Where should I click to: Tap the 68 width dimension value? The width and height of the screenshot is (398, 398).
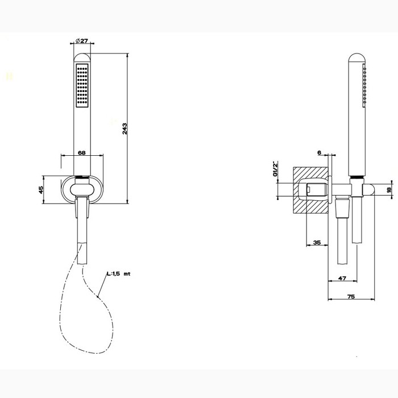click(x=82, y=152)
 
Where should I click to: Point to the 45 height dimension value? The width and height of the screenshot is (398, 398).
click(x=42, y=189)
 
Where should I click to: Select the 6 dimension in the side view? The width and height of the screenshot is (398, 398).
click(x=320, y=153)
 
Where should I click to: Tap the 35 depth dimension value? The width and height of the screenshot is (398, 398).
click(x=317, y=243)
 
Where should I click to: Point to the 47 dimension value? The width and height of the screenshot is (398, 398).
click(x=342, y=278)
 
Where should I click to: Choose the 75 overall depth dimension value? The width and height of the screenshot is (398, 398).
click(x=351, y=296)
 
